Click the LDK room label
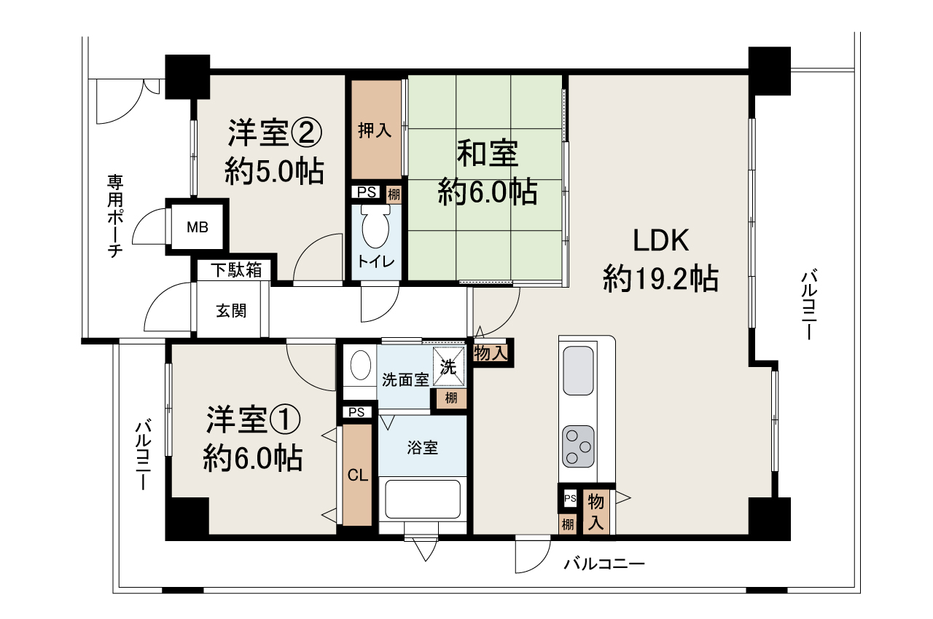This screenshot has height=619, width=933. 660,239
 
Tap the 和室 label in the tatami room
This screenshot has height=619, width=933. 487,154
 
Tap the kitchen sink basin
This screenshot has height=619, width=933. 579,371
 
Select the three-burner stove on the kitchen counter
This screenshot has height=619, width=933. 578,446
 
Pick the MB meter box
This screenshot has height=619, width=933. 197,227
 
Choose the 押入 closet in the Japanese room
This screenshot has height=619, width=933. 375,131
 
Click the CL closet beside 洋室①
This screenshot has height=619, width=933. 357,476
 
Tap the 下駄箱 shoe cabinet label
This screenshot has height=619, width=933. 236,270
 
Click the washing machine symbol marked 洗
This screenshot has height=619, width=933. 449,366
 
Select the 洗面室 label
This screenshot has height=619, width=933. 406,379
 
